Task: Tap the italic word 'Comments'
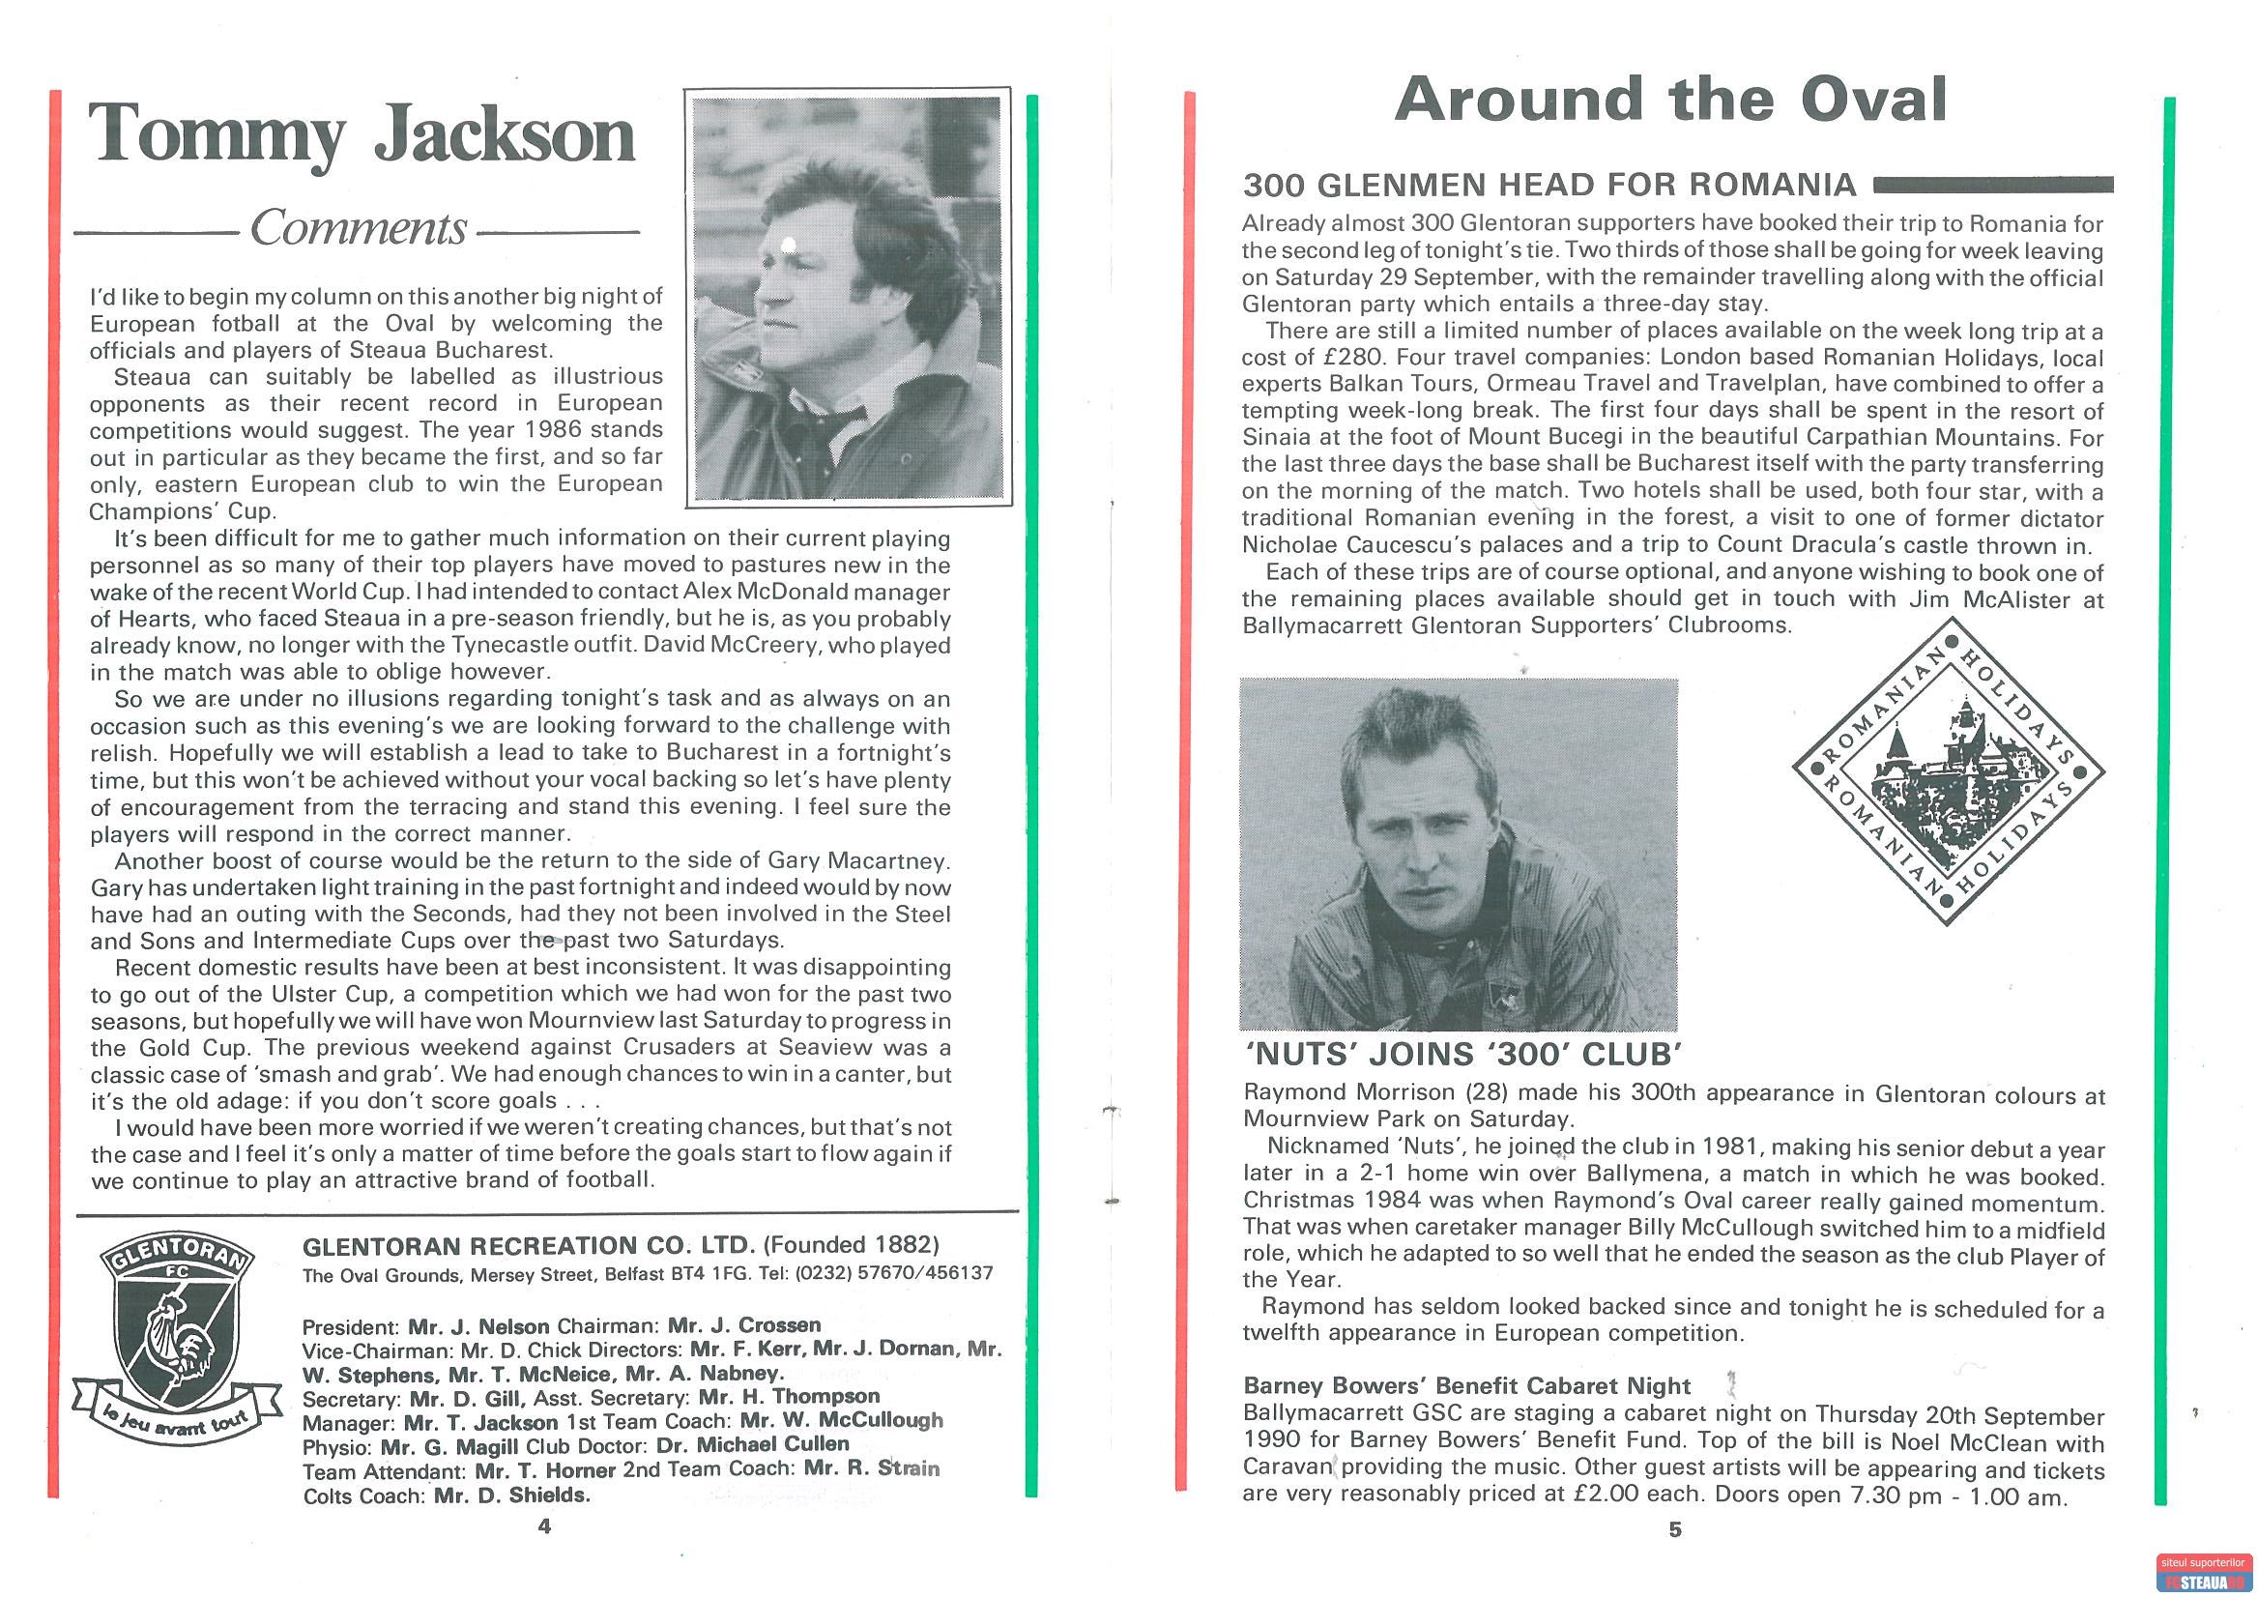[x=358, y=228]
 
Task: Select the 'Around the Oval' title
[x=1670, y=101]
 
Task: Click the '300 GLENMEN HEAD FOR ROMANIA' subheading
[x=1549, y=185]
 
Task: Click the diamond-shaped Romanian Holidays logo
[x=1949, y=771]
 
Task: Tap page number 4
[x=544, y=1526]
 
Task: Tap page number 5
[x=1676, y=1530]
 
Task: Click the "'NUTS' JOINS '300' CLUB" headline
[x=1462, y=1056]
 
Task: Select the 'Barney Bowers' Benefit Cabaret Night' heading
[x=1466, y=1385]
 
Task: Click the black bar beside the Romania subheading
[x=1994, y=184]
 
